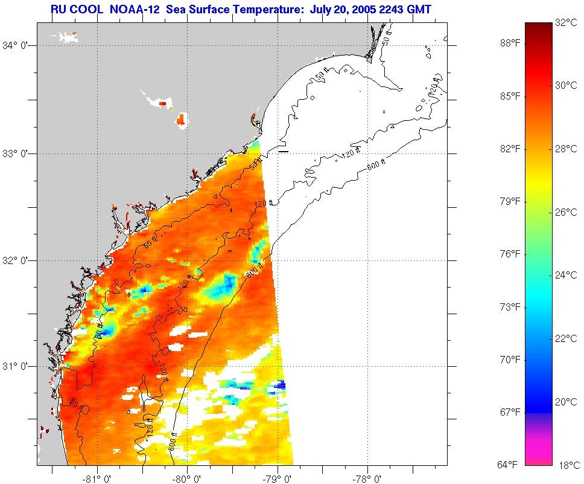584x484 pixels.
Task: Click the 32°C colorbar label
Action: point(566,24)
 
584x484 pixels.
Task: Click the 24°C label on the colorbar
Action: point(566,276)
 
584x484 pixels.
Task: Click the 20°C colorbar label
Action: point(566,401)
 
